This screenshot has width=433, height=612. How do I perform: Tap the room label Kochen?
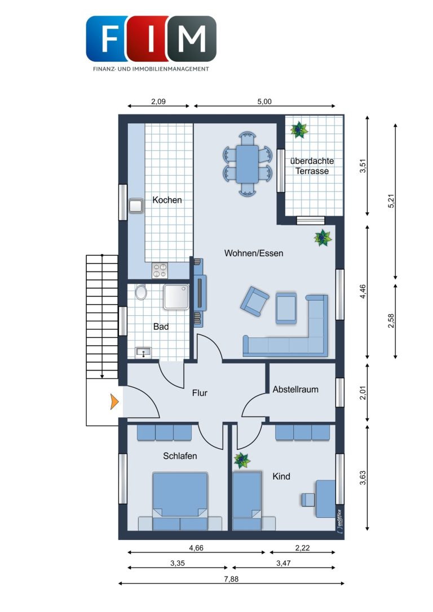(x=167, y=200)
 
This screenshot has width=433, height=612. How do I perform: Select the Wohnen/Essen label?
(x=254, y=253)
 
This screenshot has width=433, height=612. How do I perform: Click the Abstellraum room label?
(x=295, y=389)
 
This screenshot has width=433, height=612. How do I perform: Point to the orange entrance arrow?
(x=114, y=401)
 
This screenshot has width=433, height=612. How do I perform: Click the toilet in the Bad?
(x=141, y=292)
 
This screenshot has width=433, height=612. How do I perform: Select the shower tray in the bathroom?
(x=176, y=297)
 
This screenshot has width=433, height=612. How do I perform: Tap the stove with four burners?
(x=160, y=270)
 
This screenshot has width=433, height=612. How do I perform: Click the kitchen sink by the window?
(x=136, y=207)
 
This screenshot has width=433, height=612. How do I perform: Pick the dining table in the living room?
(x=247, y=164)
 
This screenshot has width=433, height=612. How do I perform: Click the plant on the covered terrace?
(x=299, y=129)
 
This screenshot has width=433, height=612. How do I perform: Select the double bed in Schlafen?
(x=180, y=501)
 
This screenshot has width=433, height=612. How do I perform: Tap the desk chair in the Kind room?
(x=308, y=499)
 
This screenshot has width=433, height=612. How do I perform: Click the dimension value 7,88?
(x=231, y=579)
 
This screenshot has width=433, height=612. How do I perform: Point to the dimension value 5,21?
(x=392, y=200)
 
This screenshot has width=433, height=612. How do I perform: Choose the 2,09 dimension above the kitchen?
(x=158, y=101)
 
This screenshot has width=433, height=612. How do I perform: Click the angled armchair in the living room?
(x=254, y=301)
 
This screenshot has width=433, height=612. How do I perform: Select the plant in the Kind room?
(x=242, y=460)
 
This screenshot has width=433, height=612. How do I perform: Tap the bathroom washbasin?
(x=143, y=352)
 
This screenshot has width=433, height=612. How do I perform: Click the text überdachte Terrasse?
(x=312, y=166)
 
